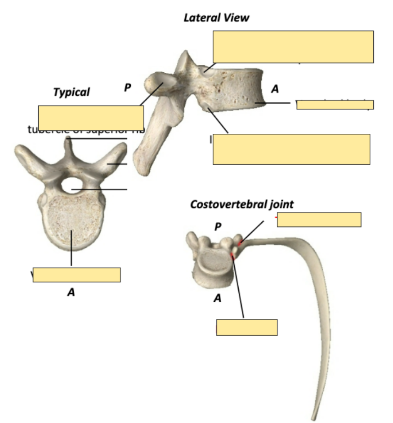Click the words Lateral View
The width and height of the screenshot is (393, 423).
coord(216,18)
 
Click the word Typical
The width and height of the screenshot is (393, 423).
coord(71,93)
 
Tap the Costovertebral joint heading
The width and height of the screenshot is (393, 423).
coord(242,205)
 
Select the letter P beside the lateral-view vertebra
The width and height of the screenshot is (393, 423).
coord(128,88)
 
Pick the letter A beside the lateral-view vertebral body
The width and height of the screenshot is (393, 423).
coord(275,89)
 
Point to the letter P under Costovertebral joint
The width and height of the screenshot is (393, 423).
coord(218,227)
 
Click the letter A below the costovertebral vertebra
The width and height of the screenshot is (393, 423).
coord(217,298)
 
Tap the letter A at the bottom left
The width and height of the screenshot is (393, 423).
coord(71,292)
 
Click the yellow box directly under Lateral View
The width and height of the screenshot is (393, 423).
coord(293,47)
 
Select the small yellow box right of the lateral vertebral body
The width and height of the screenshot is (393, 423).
coord(335,105)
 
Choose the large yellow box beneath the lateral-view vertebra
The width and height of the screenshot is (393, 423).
coord(291,149)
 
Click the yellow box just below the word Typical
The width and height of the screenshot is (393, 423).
coord(91,117)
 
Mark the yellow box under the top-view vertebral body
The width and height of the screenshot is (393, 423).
coord(76,275)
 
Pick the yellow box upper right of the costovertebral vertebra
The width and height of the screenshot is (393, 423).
coord(319,220)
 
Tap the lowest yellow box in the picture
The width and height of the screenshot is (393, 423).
coord(246,327)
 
